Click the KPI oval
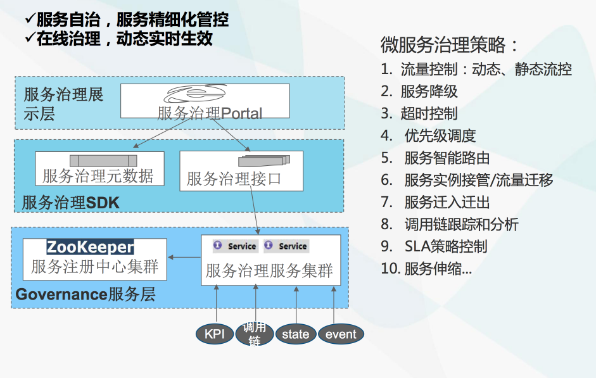pos(214,334)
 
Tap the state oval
pos(296,334)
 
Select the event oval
pos(341,334)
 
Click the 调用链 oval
pos(254,334)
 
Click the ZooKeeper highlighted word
pos(91,247)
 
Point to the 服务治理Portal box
pos(205,101)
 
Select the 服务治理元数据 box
pos(99,168)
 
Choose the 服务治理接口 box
pos(241,171)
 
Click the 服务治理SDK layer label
pos(71,203)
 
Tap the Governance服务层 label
pos(86,294)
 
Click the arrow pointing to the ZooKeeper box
pos(184,257)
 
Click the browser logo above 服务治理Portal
pos(194,94)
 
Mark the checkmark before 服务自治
pos(30,18)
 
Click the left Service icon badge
pos(217,245)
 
